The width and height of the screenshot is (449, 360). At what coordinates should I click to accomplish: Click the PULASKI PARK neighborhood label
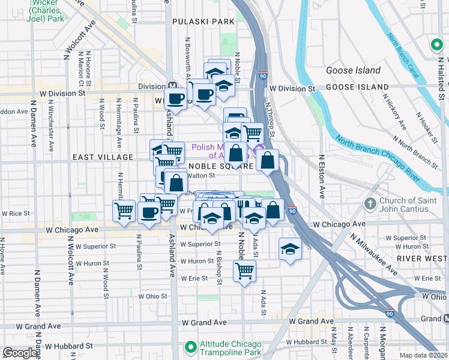click(202, 22)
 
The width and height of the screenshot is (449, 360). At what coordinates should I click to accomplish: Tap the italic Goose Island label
click(353, 70)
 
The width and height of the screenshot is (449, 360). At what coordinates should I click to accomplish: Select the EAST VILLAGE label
click(102, 157)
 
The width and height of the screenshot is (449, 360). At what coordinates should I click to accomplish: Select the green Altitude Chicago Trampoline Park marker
click(191, 346)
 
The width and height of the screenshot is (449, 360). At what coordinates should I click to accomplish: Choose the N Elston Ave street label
click(322, 177)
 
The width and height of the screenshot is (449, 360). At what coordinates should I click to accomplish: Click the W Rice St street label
click(16, 213)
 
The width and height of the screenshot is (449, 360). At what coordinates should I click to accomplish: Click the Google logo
click(20, 353)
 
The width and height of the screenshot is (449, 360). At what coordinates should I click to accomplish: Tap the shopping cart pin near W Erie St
click(245, 271)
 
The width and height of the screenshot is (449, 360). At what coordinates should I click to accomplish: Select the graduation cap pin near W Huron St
click(290, 249)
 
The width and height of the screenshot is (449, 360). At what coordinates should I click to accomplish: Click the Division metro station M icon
click(172, 86)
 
